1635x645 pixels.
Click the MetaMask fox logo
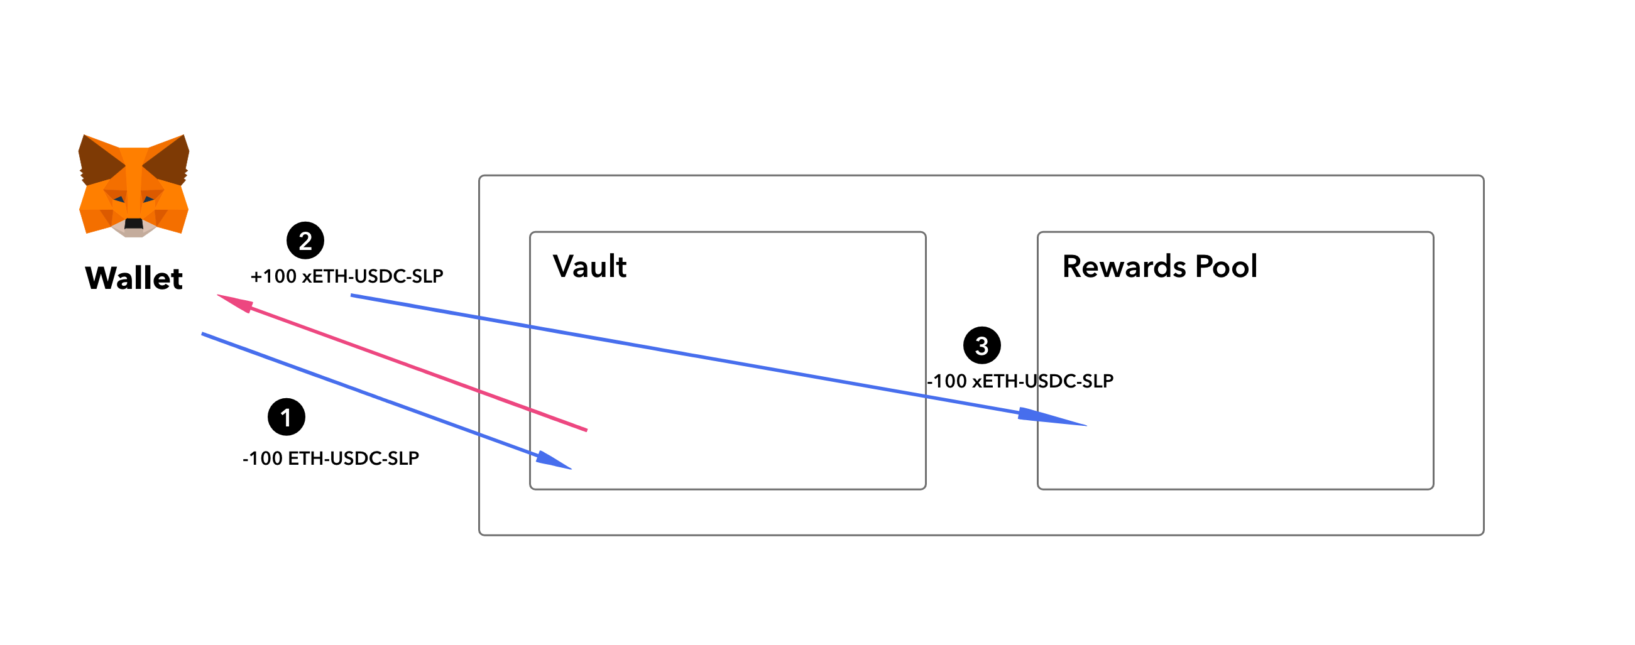click(133, 185)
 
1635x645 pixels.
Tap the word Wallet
click(134, 278)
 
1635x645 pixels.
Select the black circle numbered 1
click(287, 417)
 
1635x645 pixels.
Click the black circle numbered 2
click(305, 241)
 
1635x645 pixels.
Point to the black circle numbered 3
click(982, 345)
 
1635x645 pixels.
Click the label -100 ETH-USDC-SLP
click(331, 458)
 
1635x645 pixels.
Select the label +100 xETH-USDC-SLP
click(347, 276)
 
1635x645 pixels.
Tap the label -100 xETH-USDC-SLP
click(1020, 381)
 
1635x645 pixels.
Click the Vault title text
click(589, 266)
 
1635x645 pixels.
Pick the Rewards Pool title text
click(1159, 266)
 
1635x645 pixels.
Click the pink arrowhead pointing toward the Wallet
click(234, 303)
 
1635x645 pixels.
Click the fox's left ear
click(102, 158)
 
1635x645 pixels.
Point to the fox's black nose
click(134, 223)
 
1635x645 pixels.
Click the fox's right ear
click(167, 158)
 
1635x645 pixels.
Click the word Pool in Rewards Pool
click(1227, 266)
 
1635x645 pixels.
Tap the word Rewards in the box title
click(1124, 266)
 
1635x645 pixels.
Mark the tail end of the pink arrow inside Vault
click(587, 430)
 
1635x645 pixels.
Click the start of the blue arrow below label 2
click(351, 296)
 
